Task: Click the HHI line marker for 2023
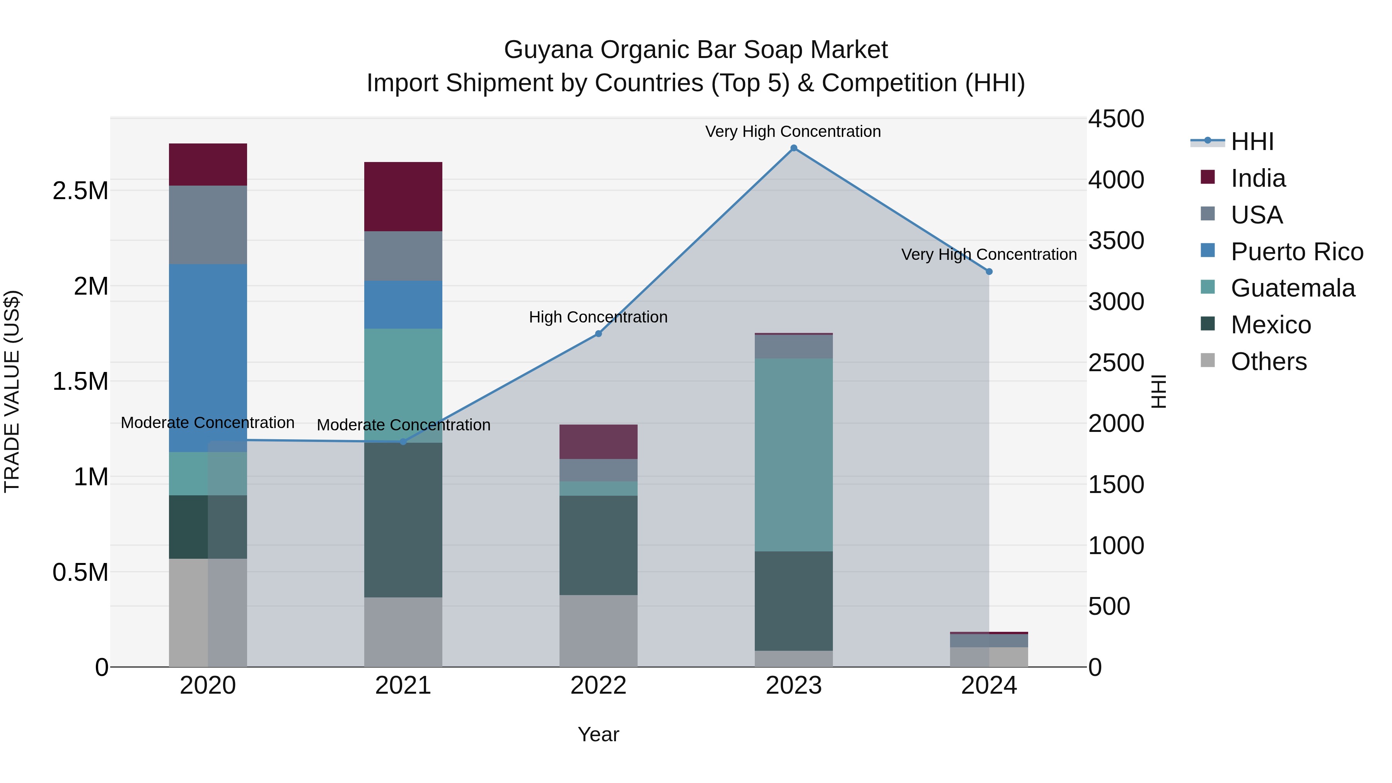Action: tap(793, 148)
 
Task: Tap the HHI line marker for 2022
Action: tap(598, 334)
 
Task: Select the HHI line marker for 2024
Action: tap(989, 272)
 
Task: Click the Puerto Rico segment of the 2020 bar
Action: tap(208, 358)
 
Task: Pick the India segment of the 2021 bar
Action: tap(403, 197)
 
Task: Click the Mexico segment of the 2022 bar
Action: tap(598, 545)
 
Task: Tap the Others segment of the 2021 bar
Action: tap(403, 632)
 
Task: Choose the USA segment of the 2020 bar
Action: tap(208, 225)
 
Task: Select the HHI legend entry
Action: tap(1252, 142)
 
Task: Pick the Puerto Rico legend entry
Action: tap(1296, 251)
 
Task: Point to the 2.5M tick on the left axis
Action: tap(80, 191)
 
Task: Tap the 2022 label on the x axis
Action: tap(598, 686)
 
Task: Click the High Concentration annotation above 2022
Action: tap(598, 317)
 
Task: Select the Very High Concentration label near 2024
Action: tap(988, 254)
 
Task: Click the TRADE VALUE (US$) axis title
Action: tap(12, 391)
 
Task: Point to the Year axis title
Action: tap(598, 734)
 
